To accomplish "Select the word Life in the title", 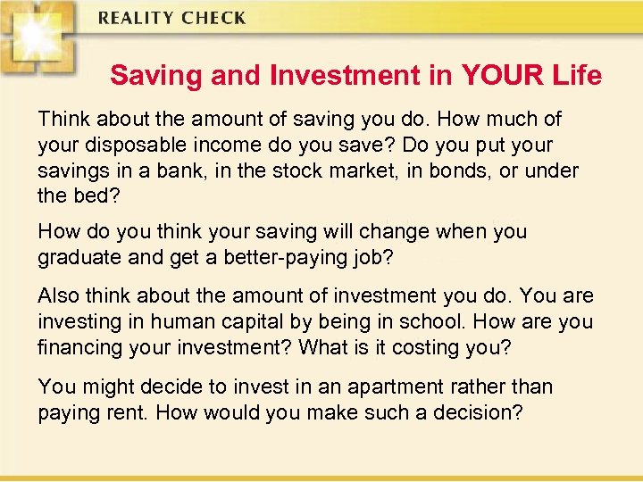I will (576, 76).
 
